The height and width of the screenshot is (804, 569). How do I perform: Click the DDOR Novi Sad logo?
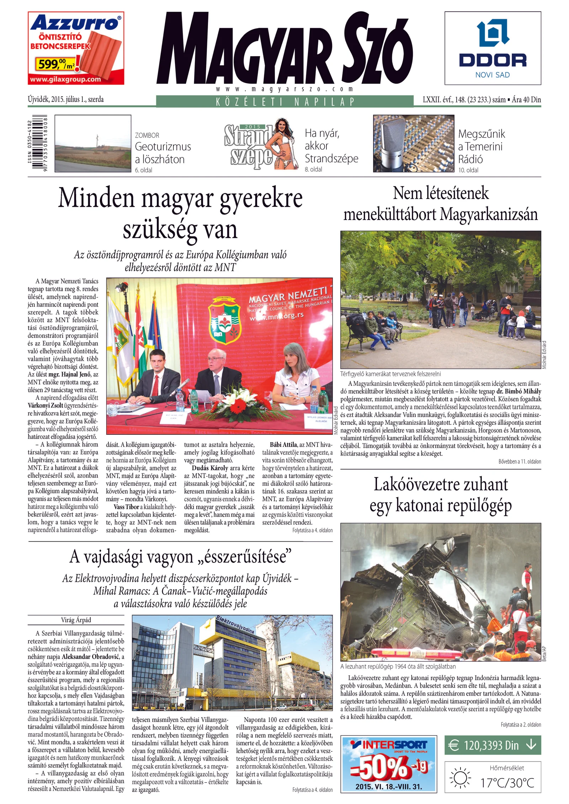(x=493, y=48)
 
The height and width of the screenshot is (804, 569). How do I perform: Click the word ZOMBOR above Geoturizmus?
(x=147, y=135)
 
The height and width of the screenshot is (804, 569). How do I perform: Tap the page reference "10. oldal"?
(x=468, y=170)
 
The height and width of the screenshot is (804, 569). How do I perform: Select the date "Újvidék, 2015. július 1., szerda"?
(x=66, y=100)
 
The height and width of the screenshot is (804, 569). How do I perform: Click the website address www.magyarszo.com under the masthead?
(x=284, y=89)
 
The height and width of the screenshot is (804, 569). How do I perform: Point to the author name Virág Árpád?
(x=76, y=620)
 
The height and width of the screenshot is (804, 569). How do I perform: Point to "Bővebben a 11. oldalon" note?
(x=520, y=462)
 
